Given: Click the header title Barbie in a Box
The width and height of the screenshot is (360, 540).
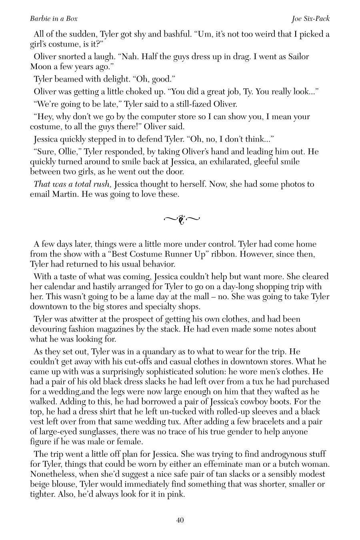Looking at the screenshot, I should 54,19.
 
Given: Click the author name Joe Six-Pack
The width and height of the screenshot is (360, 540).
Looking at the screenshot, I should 311,19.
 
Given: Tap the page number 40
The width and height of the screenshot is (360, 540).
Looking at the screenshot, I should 180,520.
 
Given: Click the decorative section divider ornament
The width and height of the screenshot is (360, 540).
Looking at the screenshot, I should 182,219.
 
